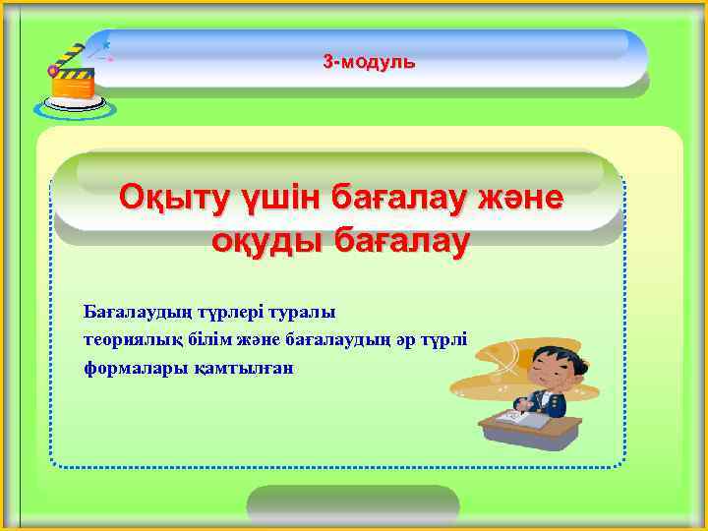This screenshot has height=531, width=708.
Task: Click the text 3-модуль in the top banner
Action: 370,62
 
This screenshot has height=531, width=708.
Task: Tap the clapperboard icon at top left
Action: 71,73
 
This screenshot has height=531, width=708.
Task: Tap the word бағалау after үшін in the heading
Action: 401,198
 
